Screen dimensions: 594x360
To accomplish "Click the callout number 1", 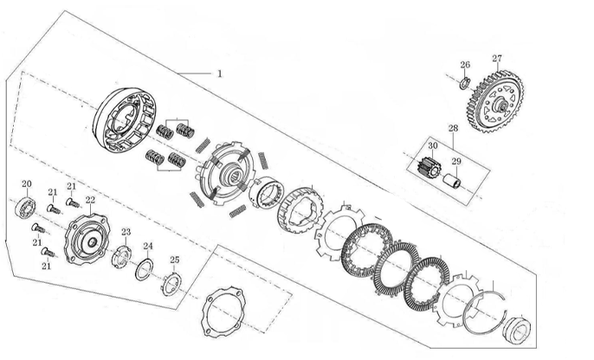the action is pos(219,74).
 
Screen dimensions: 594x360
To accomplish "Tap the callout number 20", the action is pos(27,184).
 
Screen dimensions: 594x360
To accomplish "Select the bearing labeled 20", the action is pos(26,207).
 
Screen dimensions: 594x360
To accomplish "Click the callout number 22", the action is pos(90,200).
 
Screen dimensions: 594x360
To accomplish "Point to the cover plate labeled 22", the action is pos(87,239).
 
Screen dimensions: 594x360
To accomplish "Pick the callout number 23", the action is pos(126,232).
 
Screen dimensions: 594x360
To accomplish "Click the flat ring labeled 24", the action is pos(145,269).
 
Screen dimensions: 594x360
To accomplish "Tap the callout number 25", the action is pos(175,260).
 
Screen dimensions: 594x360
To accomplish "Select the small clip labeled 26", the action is pos(465,84).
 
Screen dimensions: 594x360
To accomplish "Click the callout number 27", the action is pos(497,59).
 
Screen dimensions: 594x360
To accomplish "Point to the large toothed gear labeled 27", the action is pos(494,101).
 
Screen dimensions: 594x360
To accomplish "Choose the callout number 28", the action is pos(453,128).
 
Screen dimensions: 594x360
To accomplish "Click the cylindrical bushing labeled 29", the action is pos(452,180).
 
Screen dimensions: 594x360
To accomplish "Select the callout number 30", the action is pos(433,145).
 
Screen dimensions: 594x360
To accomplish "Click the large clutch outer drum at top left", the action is pos(124,121).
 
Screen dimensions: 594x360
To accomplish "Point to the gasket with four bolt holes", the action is pos(223,312).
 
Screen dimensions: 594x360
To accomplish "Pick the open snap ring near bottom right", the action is pos(485,312).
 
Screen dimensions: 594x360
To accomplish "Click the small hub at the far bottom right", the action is pos(516,329).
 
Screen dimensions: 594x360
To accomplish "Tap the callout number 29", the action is pos(456,162).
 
